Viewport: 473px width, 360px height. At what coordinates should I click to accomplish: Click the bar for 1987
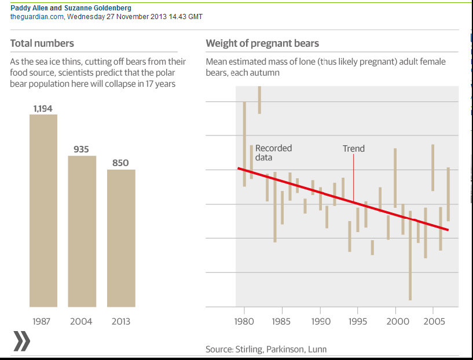click(43, 210)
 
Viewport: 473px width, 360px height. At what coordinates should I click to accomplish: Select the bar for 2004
click(82, 231)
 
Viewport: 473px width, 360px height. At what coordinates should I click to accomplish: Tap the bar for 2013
click(121, 238)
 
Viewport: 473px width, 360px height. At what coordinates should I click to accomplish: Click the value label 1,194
click(43, 108)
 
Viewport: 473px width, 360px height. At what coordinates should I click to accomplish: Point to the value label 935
click(81, 149)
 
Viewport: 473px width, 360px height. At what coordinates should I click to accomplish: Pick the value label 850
click(120, 163)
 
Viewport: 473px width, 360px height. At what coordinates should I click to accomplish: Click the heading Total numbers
click(42, 43)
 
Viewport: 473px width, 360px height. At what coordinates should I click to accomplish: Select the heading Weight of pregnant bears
click(262, 43)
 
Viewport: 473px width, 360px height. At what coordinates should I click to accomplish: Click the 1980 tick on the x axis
click(244, 321)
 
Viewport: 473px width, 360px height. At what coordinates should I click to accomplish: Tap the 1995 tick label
click(357, 321)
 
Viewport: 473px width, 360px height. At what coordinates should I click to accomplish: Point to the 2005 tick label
click(433, 321)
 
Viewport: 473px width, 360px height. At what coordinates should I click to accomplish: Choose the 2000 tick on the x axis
click(395, 321)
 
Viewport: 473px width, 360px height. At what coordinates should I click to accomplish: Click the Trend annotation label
click(354, 149)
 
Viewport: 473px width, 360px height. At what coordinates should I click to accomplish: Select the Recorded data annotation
click(273, 153)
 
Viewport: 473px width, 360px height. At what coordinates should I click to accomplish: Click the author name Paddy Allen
click(29, 8)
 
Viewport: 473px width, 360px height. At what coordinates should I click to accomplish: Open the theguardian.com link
click(37, 17)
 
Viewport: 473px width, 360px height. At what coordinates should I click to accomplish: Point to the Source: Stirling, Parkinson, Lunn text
click(266, 349)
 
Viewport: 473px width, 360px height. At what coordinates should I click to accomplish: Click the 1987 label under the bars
click(43, 321)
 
